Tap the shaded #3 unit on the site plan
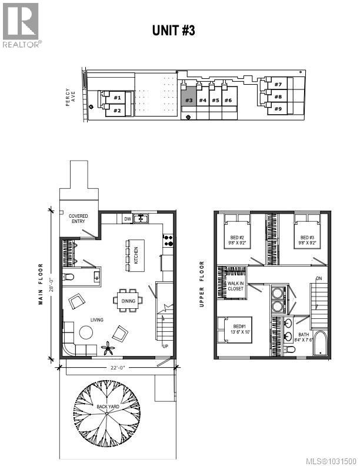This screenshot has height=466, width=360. click(188, 97)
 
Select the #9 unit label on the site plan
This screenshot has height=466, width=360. click(277, 109)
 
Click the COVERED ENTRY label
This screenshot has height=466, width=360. click(78, 218)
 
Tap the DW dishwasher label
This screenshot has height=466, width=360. click(126, 219)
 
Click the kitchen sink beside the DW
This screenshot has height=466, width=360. click(141, 219)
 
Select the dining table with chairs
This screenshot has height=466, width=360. click(128, 300)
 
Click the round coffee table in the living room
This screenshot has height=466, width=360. click(86, 333)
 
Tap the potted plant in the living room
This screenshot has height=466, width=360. click(108, 348)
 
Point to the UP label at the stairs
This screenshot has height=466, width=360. click(165, 346)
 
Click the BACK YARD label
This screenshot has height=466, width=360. click(106, 407)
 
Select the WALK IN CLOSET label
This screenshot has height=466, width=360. click(236, 287)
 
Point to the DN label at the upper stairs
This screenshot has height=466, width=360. click(319, 278)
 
